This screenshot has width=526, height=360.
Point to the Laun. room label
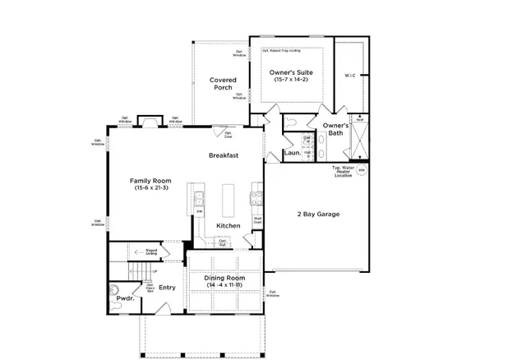tap(291, 152)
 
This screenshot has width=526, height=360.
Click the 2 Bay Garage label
tap(318, 214)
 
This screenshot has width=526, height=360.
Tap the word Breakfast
tap(223, 155)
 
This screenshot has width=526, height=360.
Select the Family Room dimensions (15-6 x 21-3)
tap(150, 188)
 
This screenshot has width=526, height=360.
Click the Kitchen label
tap(228, 225)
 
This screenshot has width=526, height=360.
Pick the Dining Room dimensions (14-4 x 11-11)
tap(224, 284)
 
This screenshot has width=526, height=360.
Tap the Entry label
tap(167, 287)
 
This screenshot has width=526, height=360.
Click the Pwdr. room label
tap(125, 299)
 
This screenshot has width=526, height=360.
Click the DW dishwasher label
tap(199, 212)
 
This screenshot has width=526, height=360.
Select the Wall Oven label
tap(257, 219)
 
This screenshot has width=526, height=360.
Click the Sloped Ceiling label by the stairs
tap(152, 252)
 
